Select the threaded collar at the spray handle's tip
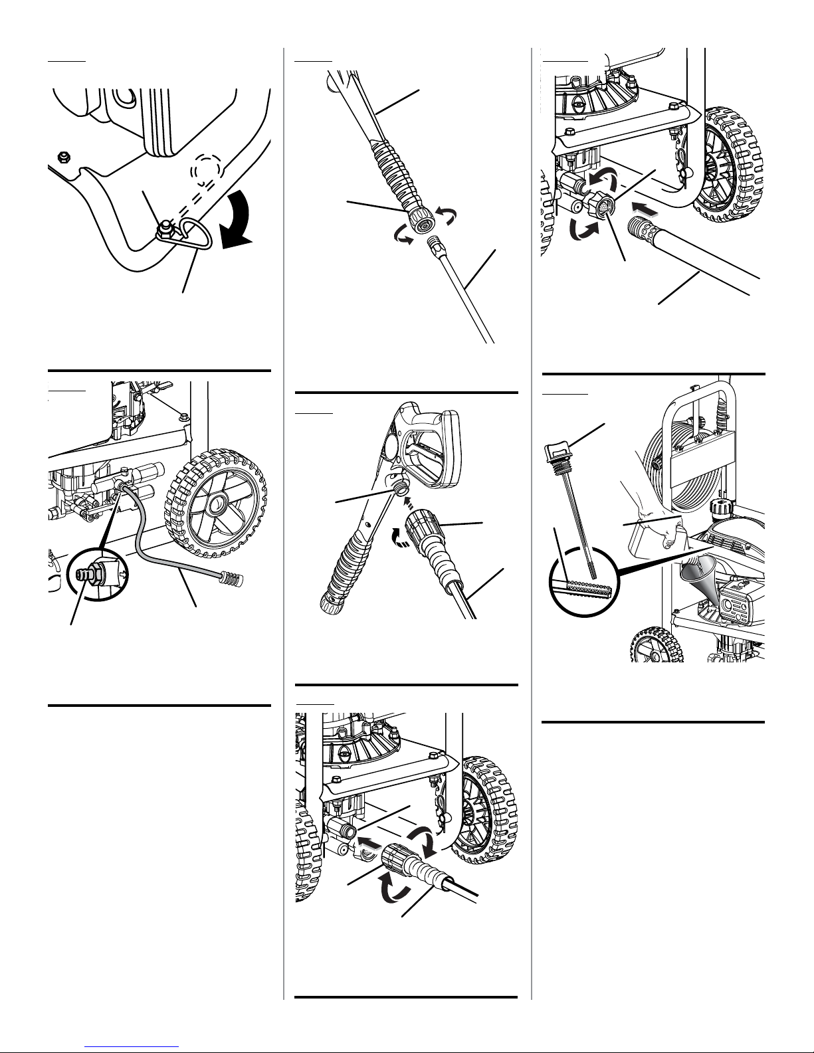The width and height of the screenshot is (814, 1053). point(420,220)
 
